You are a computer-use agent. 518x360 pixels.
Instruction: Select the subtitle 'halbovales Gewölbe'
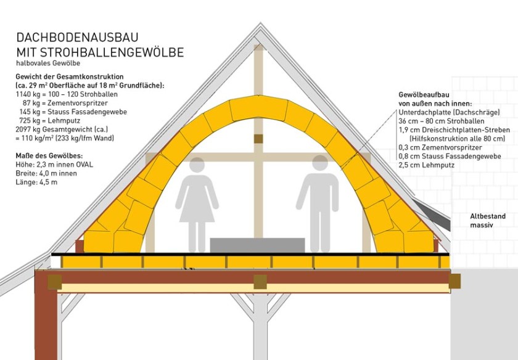pos(47,63)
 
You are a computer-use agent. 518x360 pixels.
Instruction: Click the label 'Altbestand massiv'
pos(488,221)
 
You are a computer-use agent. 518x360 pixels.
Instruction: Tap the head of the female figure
pos(197,166)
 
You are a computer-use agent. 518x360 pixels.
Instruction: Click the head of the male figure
pos(320,163)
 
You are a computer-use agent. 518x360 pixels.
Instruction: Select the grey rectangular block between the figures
pos(257,245)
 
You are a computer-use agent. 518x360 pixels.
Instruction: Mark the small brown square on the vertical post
pos(258,139)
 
